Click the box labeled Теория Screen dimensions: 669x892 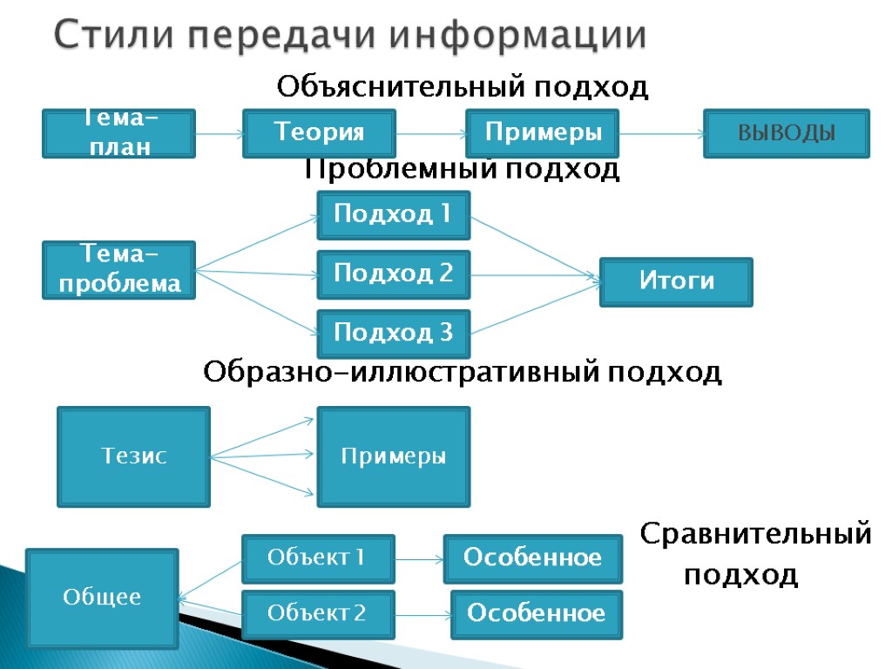319,133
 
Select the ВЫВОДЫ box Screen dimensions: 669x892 787,133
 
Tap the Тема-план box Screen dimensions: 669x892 118,133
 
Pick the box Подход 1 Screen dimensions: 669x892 394,214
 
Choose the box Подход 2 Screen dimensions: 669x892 394,274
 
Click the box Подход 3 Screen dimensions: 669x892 394,333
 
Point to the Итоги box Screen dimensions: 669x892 676,281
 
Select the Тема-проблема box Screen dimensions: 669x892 118,270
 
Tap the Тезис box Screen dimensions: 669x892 133,456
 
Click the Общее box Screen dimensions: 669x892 102,598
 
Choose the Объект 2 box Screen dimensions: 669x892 318,615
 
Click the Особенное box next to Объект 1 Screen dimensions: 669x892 533,558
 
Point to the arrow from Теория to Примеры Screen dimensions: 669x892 431,134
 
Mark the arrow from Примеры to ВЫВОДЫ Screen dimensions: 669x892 661,134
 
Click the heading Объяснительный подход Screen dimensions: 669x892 463,87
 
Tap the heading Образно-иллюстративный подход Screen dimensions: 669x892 463,373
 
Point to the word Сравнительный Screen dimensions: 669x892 756,533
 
